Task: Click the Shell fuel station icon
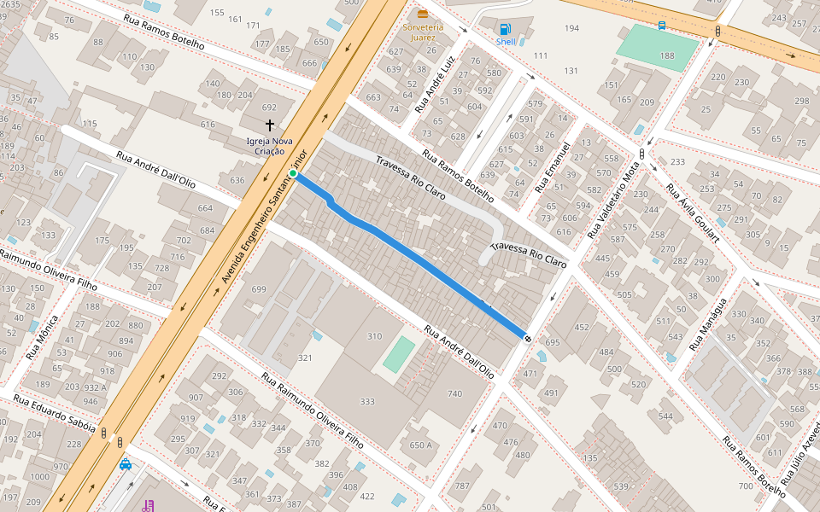tap(506, 29)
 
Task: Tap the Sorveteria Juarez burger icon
tap(423, 14)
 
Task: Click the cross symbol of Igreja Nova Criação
tap(270, 125)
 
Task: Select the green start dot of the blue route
tap(293, 174)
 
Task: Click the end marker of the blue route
tap(528, 339)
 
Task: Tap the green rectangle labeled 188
tap(657, 48)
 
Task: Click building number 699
tap(259, 290)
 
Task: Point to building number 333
tap(367, 401)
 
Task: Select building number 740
tap(454, 393)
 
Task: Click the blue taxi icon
tap(126, 464)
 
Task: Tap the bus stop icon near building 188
tap(662, 26)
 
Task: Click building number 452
tap(582, 327)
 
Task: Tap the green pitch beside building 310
tap(399, 354)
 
